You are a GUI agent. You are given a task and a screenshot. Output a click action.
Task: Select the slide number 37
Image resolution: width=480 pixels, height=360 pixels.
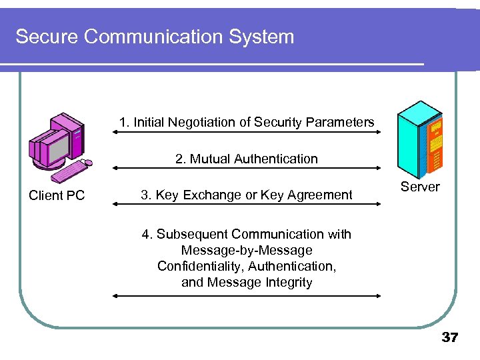pyautogui.click(x=450, y=338)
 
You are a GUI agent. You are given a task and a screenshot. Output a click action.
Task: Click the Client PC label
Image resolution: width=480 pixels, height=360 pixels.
pyautogui.click(x=57, y=195)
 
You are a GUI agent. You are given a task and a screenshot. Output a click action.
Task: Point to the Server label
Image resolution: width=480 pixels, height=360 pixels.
pyautogui.click(x=420, y=187)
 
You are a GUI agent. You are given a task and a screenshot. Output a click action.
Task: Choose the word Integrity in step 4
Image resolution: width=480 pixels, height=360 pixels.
pyautogui.click(x=287, y=282)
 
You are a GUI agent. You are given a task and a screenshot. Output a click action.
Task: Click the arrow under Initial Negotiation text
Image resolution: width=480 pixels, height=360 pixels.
pyautogui.click(x=247, y=133)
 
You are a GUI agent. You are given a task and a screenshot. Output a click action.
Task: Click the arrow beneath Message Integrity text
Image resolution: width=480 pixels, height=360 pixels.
pyautogui.click(x=247, y=295)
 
